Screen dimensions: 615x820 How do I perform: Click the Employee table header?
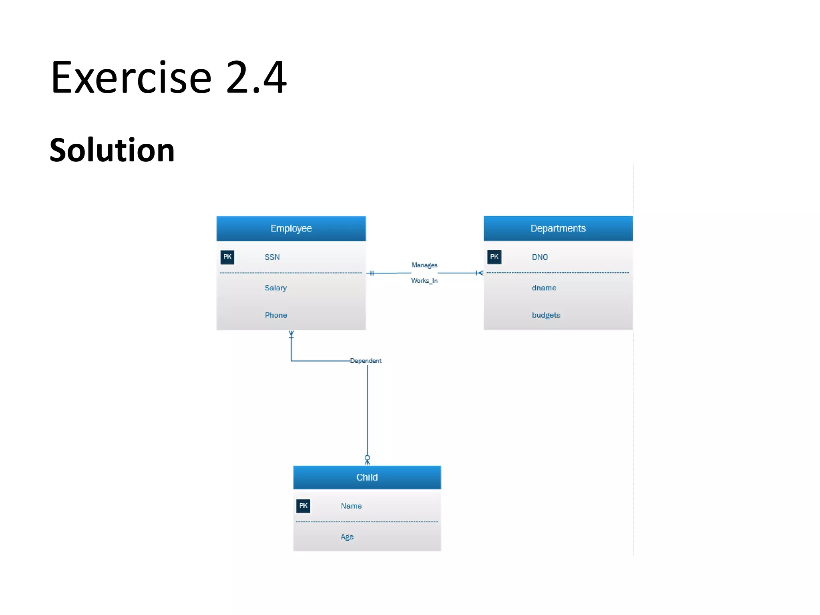(291, 229)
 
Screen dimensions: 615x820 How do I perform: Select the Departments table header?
(558, 229)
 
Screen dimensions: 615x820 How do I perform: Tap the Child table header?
(367, 477)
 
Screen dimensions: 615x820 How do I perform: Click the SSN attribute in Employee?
(272, 257)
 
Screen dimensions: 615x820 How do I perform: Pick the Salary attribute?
(275, 288)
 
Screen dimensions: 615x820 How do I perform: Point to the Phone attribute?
(276, 315)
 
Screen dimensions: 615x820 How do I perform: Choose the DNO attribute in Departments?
(540, 257)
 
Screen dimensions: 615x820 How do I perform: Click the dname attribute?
(544, 288)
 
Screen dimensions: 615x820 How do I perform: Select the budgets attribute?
(546, 315)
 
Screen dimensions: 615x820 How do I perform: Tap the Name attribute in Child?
(351, 506)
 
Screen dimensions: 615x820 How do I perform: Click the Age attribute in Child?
(347, 537)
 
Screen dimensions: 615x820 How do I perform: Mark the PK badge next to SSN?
(227, 257)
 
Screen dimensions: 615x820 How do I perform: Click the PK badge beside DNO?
(494, 257)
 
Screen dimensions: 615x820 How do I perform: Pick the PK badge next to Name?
(303, 506)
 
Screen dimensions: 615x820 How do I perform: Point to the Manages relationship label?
(424, 265)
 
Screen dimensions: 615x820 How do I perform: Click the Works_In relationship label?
(424, 281)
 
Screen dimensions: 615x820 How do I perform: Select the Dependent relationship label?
(366, 361)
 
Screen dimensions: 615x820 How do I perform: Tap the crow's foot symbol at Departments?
(479, 273)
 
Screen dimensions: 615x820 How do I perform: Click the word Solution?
(112, 150)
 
